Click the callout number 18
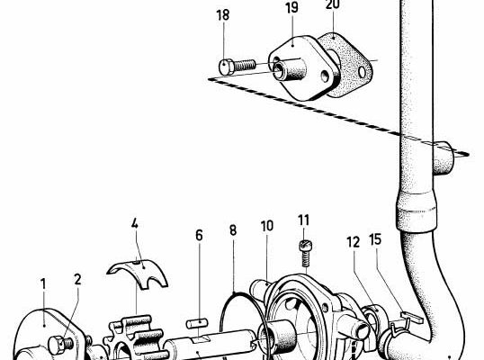click(223, 14)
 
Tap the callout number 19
click(291, 8)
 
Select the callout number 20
click(333, 4)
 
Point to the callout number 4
click(135, 223)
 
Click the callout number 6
click(199, 235)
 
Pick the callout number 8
click(233, 230)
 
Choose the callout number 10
click(267, 226)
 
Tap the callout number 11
click(304, 220)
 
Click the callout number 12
click(354, 242)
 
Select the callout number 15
click(375, 239)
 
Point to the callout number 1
click(43, 284)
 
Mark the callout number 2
click(77, 279)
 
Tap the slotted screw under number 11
click(305, 253)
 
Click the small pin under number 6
click(197, 323)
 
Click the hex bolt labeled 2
click(61, 344)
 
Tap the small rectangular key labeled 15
click(410, 317)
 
